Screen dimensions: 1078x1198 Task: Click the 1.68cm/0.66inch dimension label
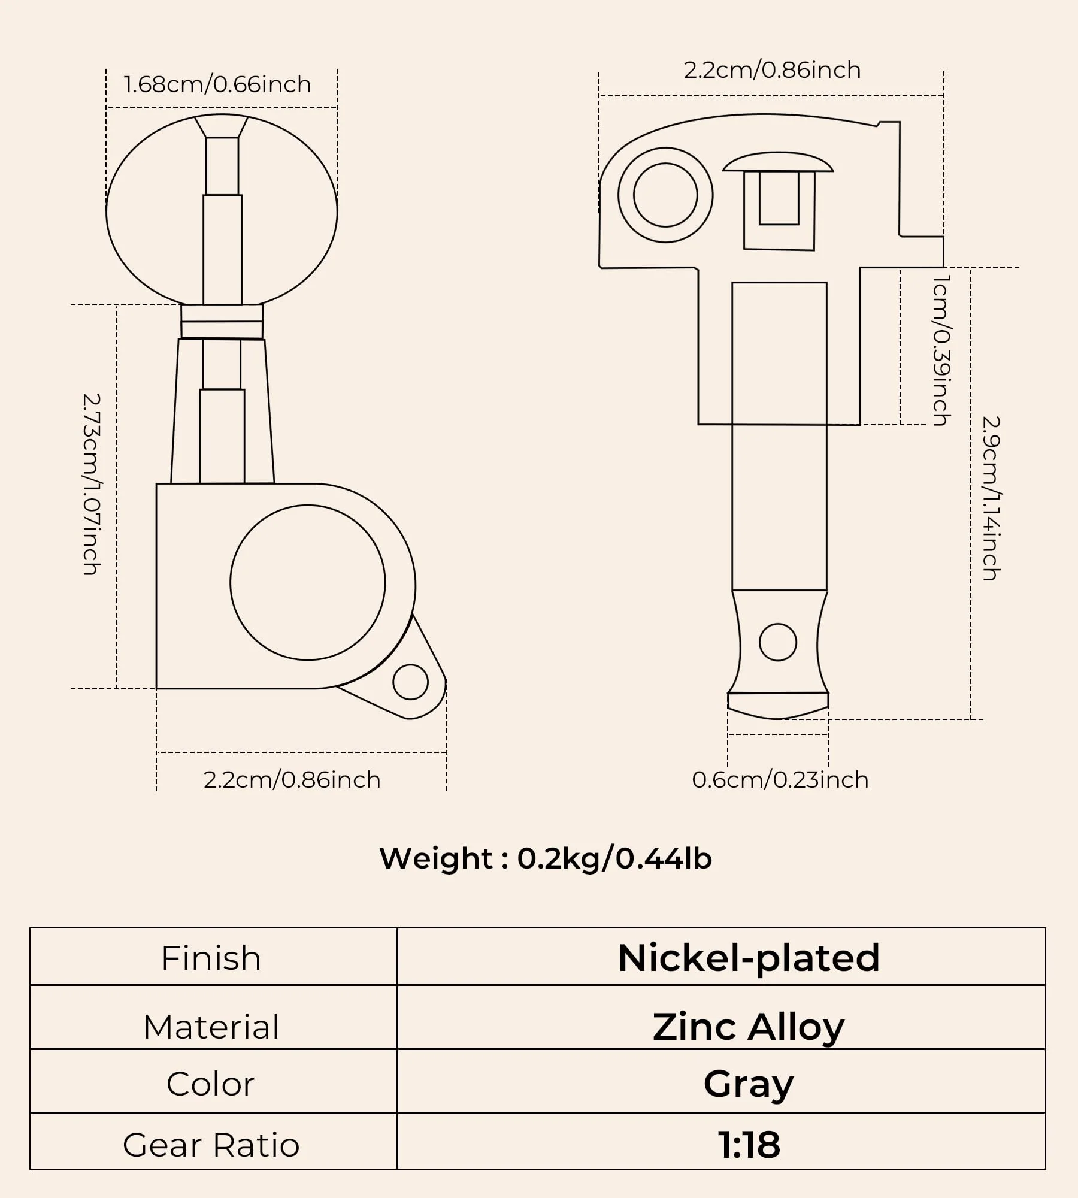pyautogui.click(x=217, y=84)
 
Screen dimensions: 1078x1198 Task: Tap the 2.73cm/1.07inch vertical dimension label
pyautogui.click(x=91, y=484)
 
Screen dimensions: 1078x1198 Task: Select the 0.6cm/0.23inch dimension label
pyautogui.click(x=780, y=780)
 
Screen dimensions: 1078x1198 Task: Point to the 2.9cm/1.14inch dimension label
pyautogui.click(x=991, y=498)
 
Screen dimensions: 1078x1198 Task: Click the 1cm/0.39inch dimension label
pyautogui.click(x=942, y=350)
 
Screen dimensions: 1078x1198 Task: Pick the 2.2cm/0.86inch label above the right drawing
pyautogui.click(x=773, y=70)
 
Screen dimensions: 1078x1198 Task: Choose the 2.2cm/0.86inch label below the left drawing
pyautogui.click(x=292, y=780)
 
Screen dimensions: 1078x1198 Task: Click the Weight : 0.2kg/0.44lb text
pyautogui.click(x=546, y=858)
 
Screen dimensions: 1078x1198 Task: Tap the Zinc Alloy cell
pyautogui.click(x=749, y=1027)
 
